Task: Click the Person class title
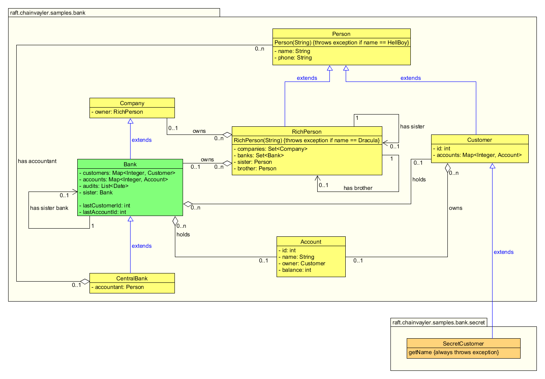coord(341,34)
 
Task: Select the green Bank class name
coord(130,164)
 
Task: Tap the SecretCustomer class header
coord(463,344)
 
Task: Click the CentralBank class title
coord(132,278)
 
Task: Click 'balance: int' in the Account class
coord(296,270)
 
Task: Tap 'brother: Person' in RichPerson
coord(257,168)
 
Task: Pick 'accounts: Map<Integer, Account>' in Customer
coord(479,155)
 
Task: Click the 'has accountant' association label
coord(37,161)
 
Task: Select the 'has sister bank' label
coord(49,208)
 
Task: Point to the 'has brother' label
coord(358,188)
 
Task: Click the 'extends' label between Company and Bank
coord(142,140)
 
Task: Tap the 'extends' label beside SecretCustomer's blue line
coord(504,252)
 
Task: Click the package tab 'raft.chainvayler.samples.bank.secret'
coord(438,322)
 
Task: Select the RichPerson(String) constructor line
coord(307,140)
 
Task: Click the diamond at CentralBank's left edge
coord(85,281)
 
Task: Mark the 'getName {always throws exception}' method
coord(453,352)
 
